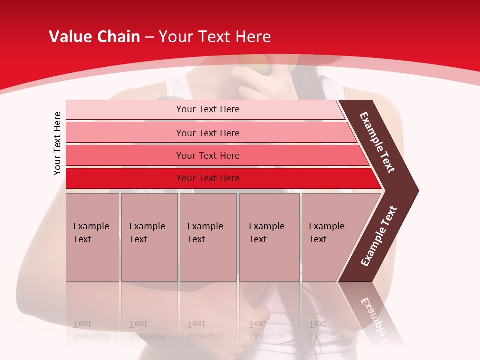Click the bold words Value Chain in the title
tap(94, 37)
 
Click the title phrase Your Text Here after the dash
tap(215, 37)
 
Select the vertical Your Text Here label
tap(57, 143)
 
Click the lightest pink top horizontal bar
tap(208, 109)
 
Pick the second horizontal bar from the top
tap(208, 133)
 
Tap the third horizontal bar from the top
tap(208, 155)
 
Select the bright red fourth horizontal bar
tap(208, 178)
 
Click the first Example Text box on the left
tap(92, 237)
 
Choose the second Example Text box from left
tap(149, 237)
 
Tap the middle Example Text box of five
tap(208, 237)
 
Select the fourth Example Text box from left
tap(269, 237)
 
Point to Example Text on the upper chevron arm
tap(377, 142)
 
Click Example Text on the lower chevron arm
tap(378, 236)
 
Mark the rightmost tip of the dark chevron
tap(417, 190)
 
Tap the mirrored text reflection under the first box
tap(91, 330)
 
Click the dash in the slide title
tap(149, 37)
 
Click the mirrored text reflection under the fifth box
tap(326, 330)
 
